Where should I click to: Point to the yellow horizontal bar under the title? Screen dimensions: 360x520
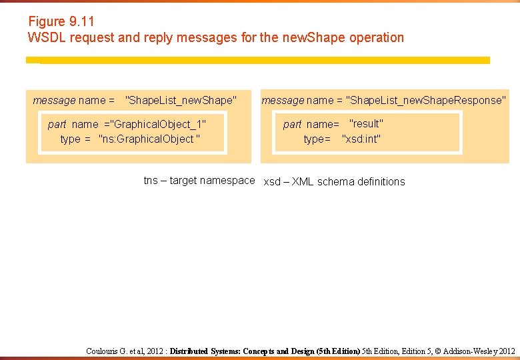pyautogui.click(x=257, y=60)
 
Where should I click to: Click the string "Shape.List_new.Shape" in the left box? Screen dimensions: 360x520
pyautogui.click(x=181, y=101)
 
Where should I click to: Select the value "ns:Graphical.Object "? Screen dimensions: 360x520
pyautogui.click(x=149, y=139)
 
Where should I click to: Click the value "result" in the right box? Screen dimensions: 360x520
pyautogui.click(x=366, y=123)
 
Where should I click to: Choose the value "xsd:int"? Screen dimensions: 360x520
pyautogui.click(x=361, y=139)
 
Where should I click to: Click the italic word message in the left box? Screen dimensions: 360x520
pyautogui.click(x=54, y=101)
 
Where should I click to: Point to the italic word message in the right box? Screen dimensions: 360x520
pyautogui.click(x=283, y=100)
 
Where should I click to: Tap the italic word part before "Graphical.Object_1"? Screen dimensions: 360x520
pyautogui.click(x=57, y=124)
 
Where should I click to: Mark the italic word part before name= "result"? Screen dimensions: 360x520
pyautogui.click(x=292, y=124)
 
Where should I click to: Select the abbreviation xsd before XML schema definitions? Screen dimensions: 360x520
pyautogui.click(x=273, y=181)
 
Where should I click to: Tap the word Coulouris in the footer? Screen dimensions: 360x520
pyautogui.click(x=101, y=351)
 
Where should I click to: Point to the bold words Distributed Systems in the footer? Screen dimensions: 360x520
pyautogui.click(x=205, y=351)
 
